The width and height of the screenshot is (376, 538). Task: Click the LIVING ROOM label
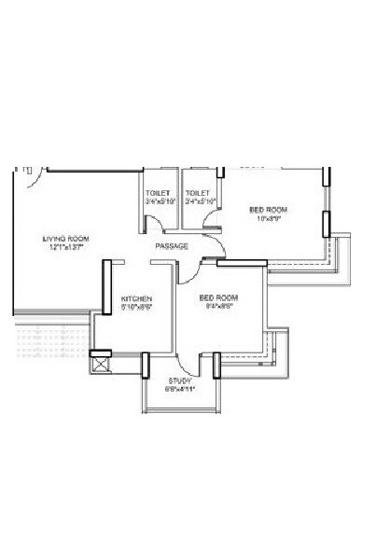click(64, 239)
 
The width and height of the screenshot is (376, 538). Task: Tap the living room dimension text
click(64, 248)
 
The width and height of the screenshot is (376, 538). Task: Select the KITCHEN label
click(136, 299)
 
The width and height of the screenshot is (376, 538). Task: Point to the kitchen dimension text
click(136, 307)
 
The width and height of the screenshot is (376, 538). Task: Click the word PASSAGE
click(172, 246)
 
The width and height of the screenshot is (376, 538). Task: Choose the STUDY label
click(179, 381)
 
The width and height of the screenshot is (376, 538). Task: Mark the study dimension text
click(179, 390)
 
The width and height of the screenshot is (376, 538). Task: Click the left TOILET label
click(158, 193)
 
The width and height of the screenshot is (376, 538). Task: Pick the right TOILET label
click(197, 193)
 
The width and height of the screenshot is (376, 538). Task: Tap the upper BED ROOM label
click(269, 210)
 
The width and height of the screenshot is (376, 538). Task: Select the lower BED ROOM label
click(219, 297)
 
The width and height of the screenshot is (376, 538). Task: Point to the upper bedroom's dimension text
click(269, 219)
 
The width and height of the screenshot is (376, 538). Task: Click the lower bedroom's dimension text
click(219, 306)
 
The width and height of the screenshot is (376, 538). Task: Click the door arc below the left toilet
click(165, 233)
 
